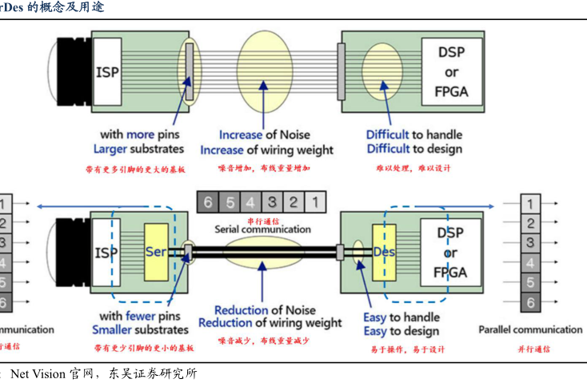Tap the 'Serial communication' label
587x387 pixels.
(261, 229)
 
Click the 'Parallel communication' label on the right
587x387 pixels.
(530, 329)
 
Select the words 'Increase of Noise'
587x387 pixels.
(264, 135)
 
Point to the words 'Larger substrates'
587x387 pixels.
(138, 149)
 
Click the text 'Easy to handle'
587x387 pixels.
(401, 317)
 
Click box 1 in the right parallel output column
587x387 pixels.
(529, 204)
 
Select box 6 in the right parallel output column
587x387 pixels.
(529, 302)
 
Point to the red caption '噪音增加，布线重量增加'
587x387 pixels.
(264, 169)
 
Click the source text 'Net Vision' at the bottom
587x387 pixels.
(38, 373)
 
